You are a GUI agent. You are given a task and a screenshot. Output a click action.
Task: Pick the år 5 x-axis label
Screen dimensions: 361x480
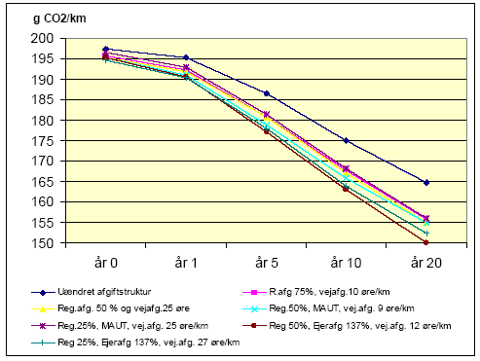click(266, 263)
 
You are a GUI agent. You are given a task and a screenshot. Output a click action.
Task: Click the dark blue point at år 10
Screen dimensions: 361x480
click(346, 141)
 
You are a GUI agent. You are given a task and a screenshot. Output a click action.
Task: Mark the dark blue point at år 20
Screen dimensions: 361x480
click(426, 183)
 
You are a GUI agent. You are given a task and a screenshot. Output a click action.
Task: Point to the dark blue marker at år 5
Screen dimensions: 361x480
click(266, 93)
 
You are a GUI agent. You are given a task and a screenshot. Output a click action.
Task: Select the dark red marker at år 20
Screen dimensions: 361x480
click(426, 243)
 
